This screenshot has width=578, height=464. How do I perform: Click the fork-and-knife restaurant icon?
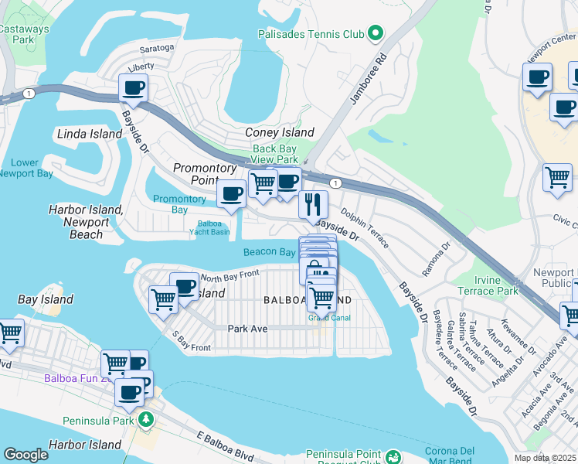click(313, 205)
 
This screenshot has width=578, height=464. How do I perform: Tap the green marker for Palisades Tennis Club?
click(376, 32)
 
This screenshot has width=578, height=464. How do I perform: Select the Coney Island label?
click(279, 132)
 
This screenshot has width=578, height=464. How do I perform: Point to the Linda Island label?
click(90, 134)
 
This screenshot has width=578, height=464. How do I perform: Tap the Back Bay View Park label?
click(274, 154)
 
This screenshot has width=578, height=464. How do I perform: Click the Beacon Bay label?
click(270, 252)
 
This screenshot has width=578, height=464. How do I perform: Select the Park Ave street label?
click(247, 329)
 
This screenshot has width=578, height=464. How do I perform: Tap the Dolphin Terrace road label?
click(364, 226)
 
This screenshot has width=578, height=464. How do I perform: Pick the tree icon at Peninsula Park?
click(144, 420)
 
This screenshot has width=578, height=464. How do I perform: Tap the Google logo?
click(25, 454)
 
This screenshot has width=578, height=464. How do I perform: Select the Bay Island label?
click(46, 299)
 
